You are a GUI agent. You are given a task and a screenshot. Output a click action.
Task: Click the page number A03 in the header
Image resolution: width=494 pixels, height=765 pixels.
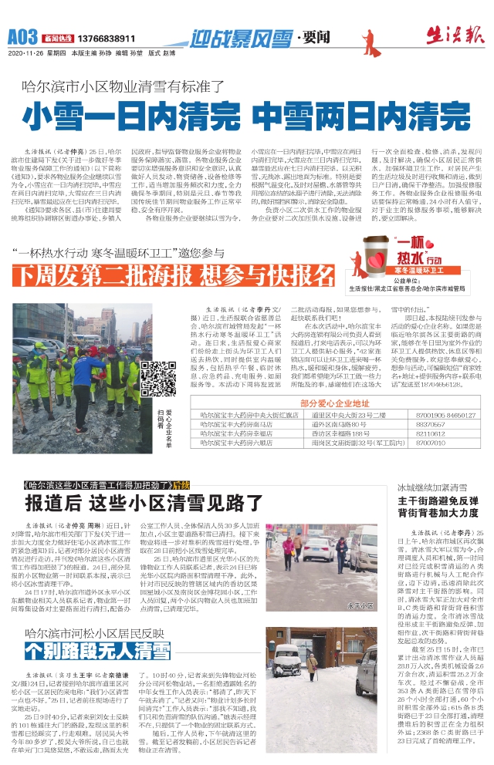(x=22, y=36)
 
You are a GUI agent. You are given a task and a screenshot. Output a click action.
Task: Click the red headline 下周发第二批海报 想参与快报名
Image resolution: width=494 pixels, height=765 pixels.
(x=164, y=275)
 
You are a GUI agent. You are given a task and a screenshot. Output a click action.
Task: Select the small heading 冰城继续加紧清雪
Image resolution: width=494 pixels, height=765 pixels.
(x=431, y=487)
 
